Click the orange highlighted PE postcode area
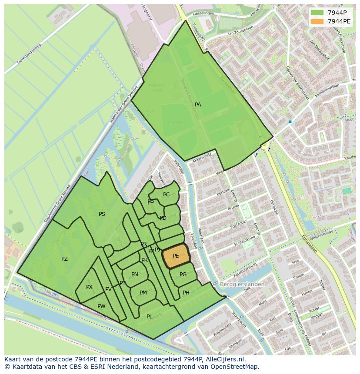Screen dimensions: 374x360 176,256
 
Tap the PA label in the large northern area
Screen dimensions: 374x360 198,105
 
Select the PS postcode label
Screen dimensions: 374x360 102,214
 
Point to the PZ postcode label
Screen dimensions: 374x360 64,259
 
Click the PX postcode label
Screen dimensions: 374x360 89,287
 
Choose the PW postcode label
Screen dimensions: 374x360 101,306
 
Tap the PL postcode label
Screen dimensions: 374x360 149,317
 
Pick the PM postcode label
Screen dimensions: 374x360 143,293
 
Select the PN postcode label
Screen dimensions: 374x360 135,275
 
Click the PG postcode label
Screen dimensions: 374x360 183,275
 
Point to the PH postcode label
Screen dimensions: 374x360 186,293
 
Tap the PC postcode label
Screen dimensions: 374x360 166,195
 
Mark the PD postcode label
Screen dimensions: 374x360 163,218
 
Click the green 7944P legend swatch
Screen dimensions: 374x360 317,12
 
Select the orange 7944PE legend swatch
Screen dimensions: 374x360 317,21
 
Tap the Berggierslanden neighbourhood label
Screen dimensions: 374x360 243,284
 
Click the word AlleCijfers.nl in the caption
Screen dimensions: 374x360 226,359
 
